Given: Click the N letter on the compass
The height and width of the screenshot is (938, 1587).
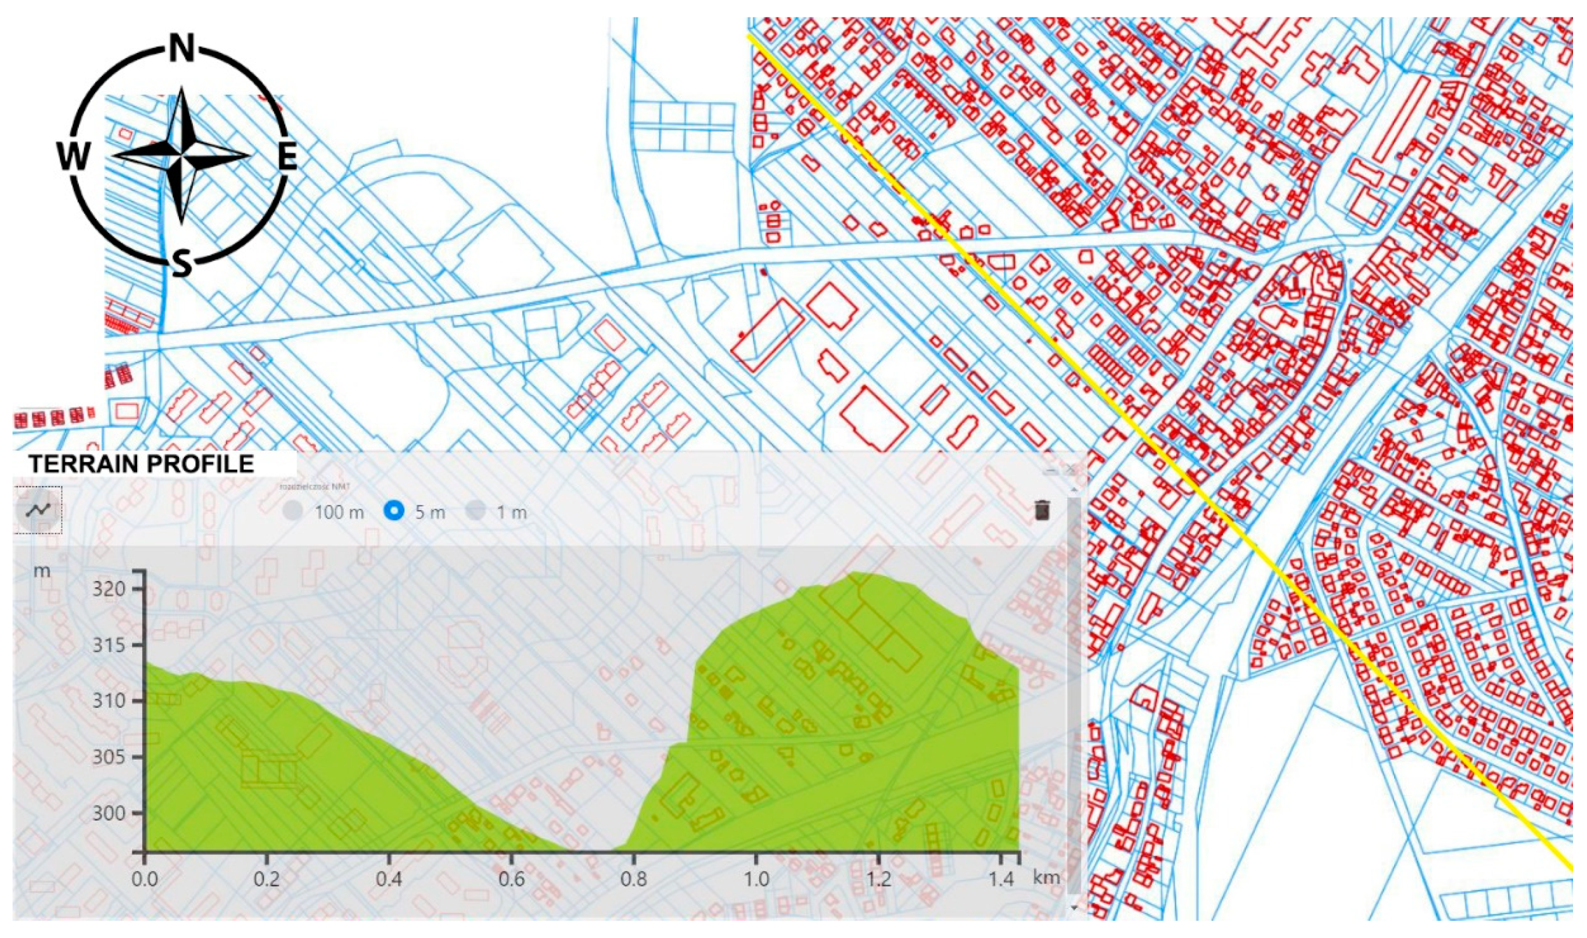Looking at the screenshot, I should [182, 48].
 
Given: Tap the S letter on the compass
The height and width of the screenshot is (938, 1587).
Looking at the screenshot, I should [182, 263].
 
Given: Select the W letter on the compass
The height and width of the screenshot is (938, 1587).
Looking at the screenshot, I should [74, 156].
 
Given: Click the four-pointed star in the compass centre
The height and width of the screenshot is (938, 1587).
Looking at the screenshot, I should [182, 156].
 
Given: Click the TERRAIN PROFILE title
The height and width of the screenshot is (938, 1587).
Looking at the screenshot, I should [142, 464].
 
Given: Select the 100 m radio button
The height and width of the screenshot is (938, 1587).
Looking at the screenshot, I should [293, 511].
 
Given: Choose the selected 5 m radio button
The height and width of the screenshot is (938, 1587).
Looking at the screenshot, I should [394, 511].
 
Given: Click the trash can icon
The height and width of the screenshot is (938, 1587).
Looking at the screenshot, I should [1042, 510].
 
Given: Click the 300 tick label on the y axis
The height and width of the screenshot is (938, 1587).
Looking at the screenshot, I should [108, 813].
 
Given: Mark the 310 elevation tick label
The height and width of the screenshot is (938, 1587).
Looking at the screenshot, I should [108, 701].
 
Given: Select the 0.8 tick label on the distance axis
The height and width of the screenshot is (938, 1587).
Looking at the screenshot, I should [634, 879].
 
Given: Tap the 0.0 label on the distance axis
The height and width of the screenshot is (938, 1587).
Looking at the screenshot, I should [145, 879].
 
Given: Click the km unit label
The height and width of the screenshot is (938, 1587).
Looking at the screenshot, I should [1046, 878].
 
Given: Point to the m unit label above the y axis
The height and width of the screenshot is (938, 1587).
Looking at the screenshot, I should [42, 571].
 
